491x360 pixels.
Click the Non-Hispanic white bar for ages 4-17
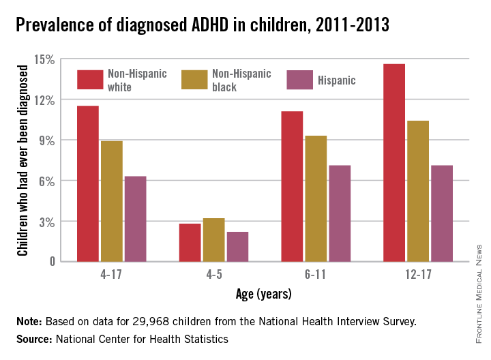point(87,183)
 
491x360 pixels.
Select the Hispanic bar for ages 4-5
point(237,246)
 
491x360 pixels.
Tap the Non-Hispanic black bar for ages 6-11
point(316,198)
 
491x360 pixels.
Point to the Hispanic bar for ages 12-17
point(442,213)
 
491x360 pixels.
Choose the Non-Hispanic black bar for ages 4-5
point(213,239)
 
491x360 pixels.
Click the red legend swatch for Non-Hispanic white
point(89,79)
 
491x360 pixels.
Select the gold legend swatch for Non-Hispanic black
point(194,79)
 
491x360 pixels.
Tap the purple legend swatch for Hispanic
point(299,79)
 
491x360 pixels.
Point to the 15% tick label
point(45,59)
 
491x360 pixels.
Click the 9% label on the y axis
point(48,140)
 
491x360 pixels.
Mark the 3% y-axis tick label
point(48,222)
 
